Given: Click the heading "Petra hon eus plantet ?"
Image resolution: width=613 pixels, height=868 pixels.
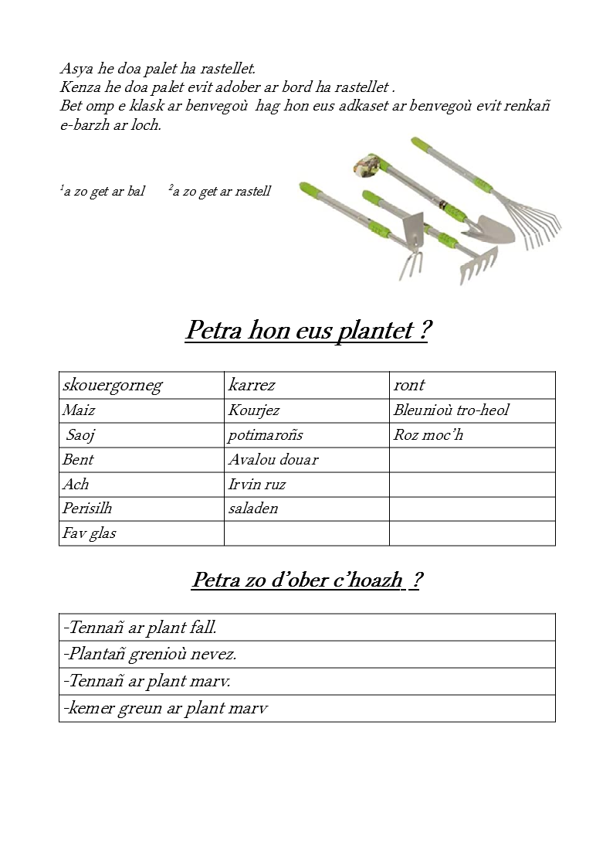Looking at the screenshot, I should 307,331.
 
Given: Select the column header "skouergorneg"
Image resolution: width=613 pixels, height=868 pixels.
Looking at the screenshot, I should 113,385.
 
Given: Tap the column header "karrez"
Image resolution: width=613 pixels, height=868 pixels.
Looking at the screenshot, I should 252,385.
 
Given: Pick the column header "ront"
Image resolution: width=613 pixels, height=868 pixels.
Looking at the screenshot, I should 409,385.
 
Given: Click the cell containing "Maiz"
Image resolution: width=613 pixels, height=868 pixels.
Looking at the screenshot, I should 79,410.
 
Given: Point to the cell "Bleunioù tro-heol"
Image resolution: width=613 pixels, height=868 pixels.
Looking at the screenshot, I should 451,410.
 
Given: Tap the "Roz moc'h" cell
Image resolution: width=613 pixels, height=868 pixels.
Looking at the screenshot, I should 428,435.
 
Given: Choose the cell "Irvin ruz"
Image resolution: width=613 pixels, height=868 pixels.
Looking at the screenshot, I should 256,485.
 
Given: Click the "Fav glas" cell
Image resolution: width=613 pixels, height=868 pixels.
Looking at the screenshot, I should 90,533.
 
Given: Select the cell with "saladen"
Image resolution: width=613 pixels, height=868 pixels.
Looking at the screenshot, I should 252,509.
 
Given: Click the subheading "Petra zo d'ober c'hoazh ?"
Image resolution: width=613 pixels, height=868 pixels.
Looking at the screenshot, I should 306,580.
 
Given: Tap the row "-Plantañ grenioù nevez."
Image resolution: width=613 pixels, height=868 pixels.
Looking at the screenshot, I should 151,655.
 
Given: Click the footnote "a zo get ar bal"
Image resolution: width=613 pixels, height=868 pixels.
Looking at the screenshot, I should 103,192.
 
